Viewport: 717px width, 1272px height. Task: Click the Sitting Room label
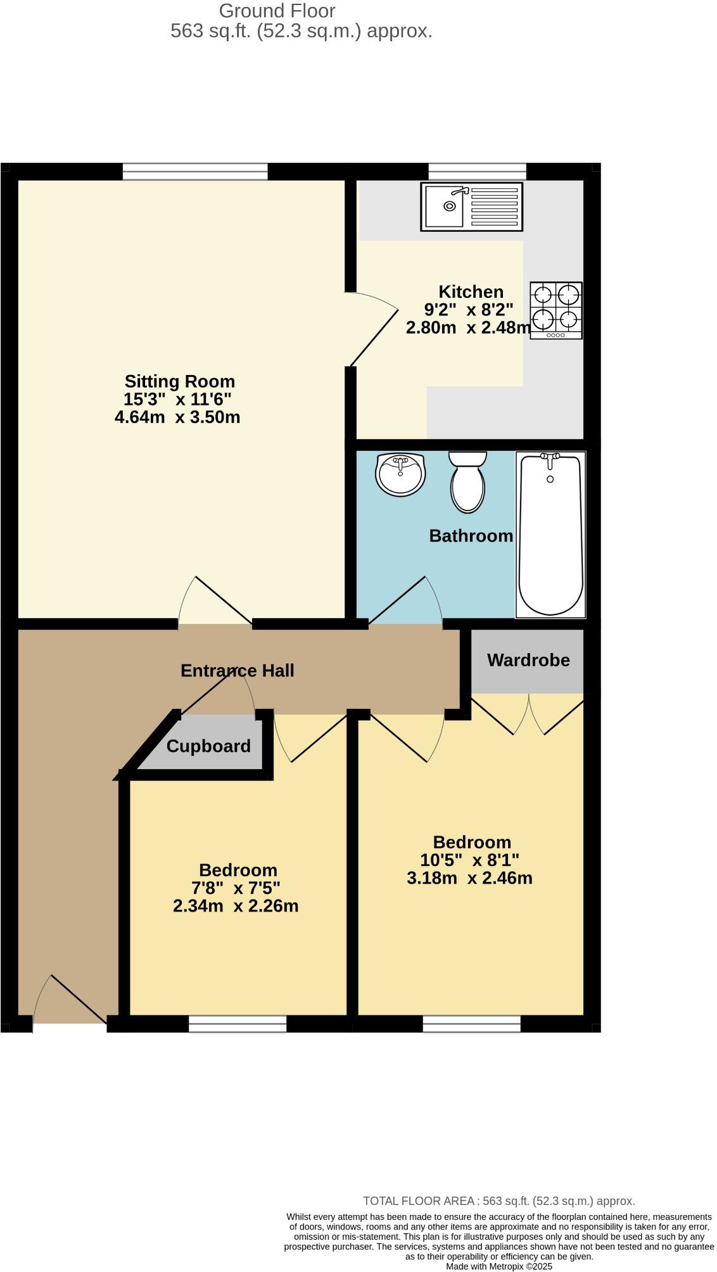click(179, 381)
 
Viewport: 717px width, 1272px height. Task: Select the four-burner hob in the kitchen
click(556, 310)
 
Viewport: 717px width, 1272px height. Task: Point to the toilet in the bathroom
click(468, 481)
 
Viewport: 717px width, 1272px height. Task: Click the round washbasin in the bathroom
click(400, 474)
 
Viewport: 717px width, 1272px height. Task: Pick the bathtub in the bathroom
click(550, 534)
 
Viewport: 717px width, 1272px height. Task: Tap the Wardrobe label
click(528, 660)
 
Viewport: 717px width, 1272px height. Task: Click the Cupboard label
click(208, 746)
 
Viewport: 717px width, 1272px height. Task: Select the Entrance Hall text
click(237, 670)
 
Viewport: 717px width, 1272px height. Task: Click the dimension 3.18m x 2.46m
click(469, 878)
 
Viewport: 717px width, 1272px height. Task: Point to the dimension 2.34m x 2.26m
click(236, 906)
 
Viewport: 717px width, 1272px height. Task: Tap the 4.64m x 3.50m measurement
click(177, 417)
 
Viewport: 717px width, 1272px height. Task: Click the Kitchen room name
click(471, 292)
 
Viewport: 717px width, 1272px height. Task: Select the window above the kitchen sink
click(477, 171)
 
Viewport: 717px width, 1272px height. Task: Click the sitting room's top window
click(194, 171)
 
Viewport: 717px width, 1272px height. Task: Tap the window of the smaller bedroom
click(238, 1024)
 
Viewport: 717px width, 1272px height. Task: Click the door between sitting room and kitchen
click(374, 329)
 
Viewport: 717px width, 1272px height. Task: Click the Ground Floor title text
click(277, 11)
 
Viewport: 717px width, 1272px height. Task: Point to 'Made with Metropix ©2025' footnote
click(498, 1266)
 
